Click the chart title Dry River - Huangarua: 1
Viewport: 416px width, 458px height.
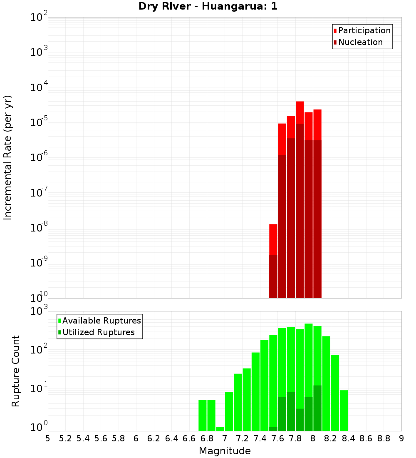pos(208,6)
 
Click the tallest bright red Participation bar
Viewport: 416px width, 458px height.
pos(300,112)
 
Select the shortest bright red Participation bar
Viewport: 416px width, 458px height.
pos(273,239)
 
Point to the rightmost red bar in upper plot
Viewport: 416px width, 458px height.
pos(317,125)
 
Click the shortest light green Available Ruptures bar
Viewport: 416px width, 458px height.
pos(220,429)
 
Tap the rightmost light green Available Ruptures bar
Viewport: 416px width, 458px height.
pos(344,410)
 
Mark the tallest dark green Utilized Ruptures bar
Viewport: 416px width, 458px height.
pos(317,408)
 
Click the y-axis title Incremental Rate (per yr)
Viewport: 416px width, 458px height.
pos(8,158)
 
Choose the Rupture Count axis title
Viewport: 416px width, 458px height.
pos(16,371)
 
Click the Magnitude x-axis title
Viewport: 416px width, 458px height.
pos(225,451)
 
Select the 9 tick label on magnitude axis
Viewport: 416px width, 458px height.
pos(401,438)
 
